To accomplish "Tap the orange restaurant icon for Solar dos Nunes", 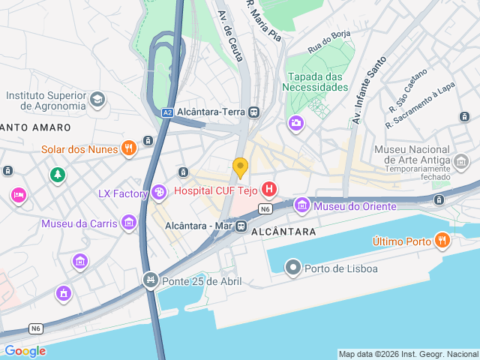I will click(x=129, y=148).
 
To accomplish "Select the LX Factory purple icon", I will click(x=158, y=193).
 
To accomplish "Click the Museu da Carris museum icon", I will click(x=129, y=223).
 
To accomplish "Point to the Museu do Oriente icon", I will click(x=302, y=204).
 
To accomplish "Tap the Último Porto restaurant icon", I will click(x=442, y=241).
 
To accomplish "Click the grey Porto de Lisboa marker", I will click(x=293, y=268).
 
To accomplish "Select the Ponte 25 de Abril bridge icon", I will click(x=151, y=280).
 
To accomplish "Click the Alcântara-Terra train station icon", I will click(x=254, y=112).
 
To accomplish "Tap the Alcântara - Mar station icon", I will click(x=241, y=226).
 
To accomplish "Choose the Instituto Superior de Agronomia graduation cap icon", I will click(x=97, y=99).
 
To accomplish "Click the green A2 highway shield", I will click(x=167, y=112).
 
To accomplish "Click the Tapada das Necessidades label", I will click(x=315, y=82).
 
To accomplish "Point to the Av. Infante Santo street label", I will click(x=369, y=89).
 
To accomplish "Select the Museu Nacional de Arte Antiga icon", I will click(x=461, y=161).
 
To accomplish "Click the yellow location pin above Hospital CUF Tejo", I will click(x=240, y=166).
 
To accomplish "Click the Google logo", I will click(x=25, y=351).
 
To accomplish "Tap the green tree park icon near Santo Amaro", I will click(x=57, y=175).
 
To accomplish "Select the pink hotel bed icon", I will click(x=18, y=195).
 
